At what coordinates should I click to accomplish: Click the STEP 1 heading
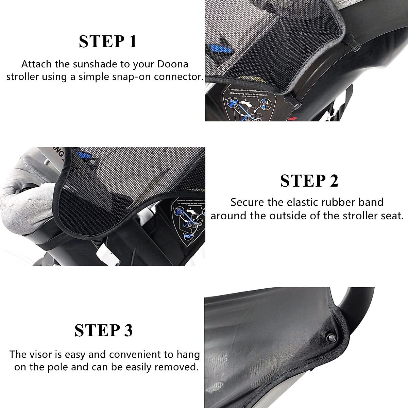(x=108, y=41)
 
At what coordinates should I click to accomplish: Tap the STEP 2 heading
(x=309, y=181)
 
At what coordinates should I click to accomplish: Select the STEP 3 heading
(x=104, y=330)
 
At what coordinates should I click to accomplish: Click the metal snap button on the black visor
(x=330, y=337)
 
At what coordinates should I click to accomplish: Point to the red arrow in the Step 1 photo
(x=292, y=118)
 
